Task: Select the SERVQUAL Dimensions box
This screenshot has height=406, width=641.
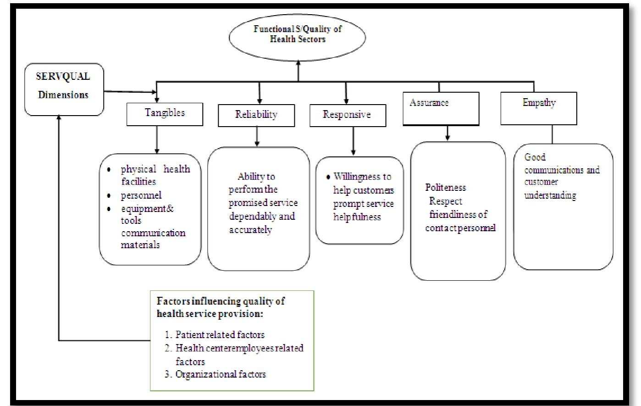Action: coord(64,89)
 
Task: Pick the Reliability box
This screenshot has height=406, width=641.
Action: coord(256,115)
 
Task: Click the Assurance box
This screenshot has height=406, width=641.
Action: coord(441,108)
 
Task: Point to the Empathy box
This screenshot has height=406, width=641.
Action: coord(538,108)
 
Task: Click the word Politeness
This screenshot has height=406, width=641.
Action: coord(445,188)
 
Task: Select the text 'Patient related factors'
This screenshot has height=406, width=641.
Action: coord(220,335)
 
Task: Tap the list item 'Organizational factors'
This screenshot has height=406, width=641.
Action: coord(221,374)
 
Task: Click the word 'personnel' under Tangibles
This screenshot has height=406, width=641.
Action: coord(141,195)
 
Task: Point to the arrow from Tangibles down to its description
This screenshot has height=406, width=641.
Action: coord(157,140)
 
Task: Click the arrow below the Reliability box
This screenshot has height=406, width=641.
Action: coord(257,137)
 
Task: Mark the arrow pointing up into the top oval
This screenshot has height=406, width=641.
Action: coord(298,70)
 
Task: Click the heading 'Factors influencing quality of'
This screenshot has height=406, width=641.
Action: coord(221,301)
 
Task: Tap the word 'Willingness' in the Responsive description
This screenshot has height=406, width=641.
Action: coord(362,177)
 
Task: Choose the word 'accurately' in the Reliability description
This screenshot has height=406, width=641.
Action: coord(250,230)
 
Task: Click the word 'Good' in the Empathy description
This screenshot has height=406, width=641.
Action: coord(535,157)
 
